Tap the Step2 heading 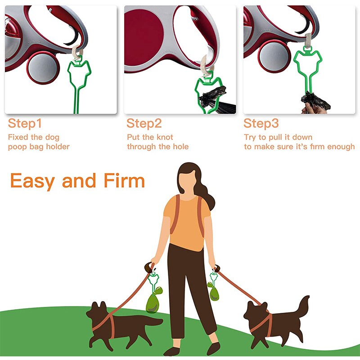tap(144, 123)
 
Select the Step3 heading tap(261, 123)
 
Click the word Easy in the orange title tap(34, 181)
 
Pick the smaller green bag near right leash tap(214, 292)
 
